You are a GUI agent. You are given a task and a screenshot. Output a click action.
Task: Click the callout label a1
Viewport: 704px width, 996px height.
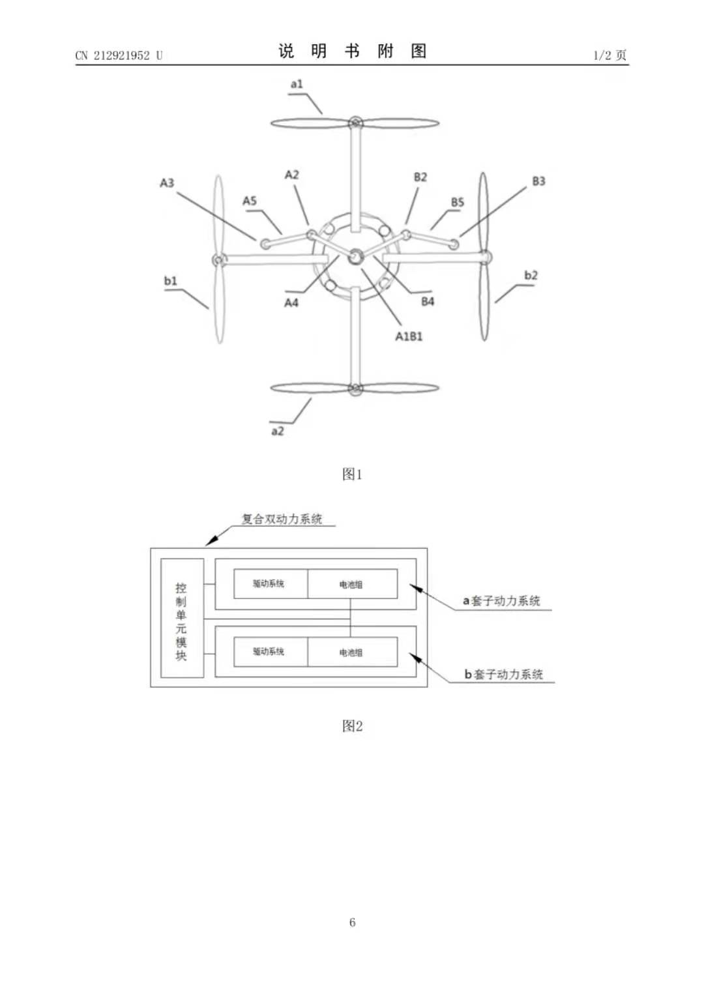(x=297, y=84)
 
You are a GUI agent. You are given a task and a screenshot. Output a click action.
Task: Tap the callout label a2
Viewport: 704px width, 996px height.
(x=278, y=431)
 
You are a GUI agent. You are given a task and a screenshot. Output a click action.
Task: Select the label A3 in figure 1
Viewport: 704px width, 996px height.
(x=168, y=183)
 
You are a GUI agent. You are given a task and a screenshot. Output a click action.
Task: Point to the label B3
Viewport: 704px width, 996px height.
(x=538, y=181)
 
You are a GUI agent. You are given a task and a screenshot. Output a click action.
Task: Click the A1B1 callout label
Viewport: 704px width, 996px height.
(x=409, y=336)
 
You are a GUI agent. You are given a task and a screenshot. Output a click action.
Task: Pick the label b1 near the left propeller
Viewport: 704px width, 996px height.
(x=171, y=281)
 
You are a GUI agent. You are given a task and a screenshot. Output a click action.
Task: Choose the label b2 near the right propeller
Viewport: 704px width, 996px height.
(x=531, y=275)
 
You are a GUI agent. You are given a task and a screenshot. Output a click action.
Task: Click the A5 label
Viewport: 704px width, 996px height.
(x=250, y=201)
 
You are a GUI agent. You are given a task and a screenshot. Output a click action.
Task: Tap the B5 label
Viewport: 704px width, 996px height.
(x=458, y=202)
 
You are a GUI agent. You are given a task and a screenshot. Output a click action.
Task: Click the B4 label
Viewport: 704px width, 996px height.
(x=428, y=301)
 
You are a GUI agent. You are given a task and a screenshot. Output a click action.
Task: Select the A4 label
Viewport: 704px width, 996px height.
(x=291, y=302)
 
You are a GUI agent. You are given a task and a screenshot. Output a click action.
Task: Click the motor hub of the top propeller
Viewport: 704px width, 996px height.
(x=355, y=123)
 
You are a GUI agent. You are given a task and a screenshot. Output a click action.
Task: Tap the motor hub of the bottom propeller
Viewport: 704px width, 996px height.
(x=355, y=389)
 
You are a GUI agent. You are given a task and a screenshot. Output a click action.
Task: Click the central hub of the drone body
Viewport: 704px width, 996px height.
(x=355, y=257)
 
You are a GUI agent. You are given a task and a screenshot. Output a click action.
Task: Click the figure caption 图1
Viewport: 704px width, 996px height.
(x=352, y=475)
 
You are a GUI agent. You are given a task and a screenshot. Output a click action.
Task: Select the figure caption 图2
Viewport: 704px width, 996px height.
(x=352, y=726)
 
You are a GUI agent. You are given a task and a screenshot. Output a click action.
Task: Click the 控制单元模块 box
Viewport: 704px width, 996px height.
(x=182, y=619)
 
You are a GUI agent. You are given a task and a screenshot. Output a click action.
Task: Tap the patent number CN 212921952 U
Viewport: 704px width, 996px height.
(x=119, y=55)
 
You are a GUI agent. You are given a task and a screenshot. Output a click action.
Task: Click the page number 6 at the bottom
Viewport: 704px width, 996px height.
(x=352, y=922)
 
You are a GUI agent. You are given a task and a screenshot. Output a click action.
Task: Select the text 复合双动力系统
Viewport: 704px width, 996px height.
(x=282, y=520)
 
